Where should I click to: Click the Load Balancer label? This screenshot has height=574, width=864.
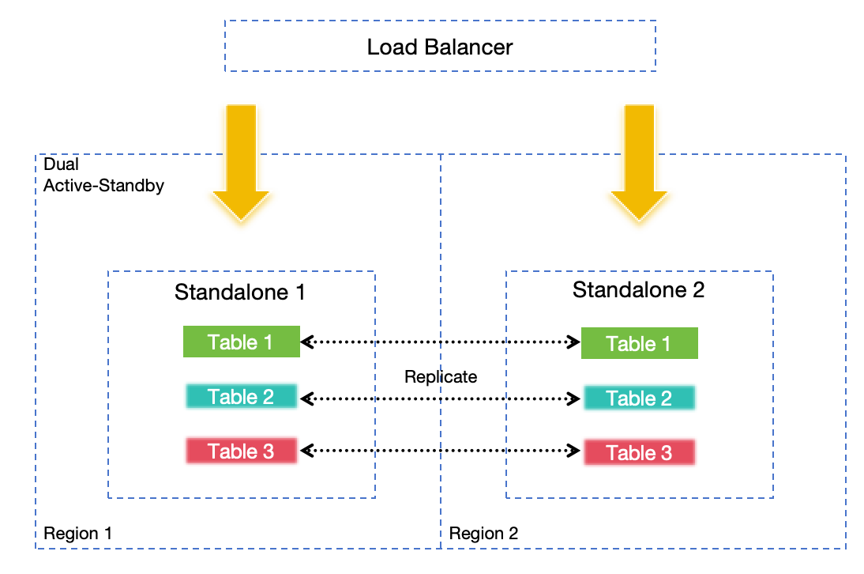coord(440,47)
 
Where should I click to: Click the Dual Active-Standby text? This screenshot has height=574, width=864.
coord(103,176)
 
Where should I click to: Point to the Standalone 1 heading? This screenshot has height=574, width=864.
coord(240,292)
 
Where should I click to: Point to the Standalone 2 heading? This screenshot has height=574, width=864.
coord(638,289)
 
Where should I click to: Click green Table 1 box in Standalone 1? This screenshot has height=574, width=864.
coord(241,342)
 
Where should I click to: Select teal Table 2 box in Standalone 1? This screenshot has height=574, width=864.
coord(241,396)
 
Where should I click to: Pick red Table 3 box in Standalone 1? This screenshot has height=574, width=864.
coord(241,451)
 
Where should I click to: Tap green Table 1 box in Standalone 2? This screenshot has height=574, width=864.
coord(639,344)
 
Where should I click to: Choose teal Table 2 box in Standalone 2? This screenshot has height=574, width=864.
coord(639,398)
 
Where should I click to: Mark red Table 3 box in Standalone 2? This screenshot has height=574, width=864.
coord(639,453)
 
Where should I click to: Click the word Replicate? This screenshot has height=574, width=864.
coord(441,376)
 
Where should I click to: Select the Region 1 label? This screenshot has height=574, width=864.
coord(78,534)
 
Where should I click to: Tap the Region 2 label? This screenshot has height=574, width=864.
coord(483,534)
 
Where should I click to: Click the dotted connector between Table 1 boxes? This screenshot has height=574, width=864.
coord(441,342)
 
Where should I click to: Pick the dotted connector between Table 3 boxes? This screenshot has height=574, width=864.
coord(441,451)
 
